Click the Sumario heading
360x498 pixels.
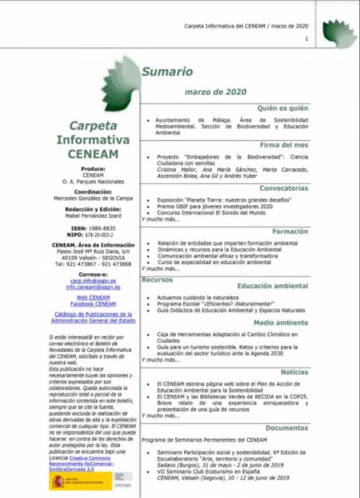(x=167, y=72)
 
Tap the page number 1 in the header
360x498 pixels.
(x=307, y=39)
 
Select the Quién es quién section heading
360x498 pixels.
(x=283, y=109)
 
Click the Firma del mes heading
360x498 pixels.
(x=284, y=145)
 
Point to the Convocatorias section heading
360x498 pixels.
(x=284, y=188)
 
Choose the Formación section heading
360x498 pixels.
(x=290, y=231)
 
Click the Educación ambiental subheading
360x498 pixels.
(x=272, y=286)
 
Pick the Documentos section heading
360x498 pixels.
(x=287, y=427)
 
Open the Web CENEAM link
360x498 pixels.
(x=93, y=297)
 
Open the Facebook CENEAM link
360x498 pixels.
(x=93, y=304)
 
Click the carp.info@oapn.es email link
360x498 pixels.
(x=93, y=281)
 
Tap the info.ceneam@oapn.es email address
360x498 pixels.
(x=93, y=287)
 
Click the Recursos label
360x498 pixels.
(x=157, y=280)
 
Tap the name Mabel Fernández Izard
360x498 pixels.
(x=93, y=216)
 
